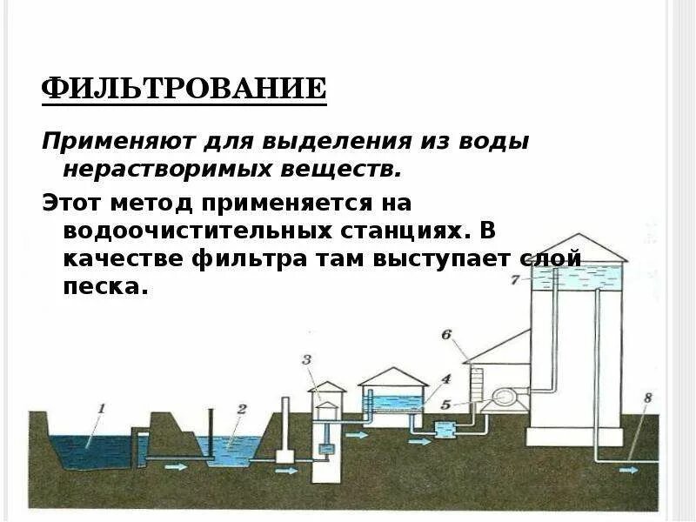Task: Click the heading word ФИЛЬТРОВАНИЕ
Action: pos(184,89)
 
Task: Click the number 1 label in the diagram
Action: pos(101,406)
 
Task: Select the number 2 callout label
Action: pos(242,407)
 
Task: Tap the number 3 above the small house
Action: pos(305,359)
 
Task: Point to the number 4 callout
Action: pos(445,380)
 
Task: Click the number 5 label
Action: pos(445,404)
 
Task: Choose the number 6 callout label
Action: pos(446,334)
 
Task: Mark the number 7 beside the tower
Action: pos(515,280)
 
